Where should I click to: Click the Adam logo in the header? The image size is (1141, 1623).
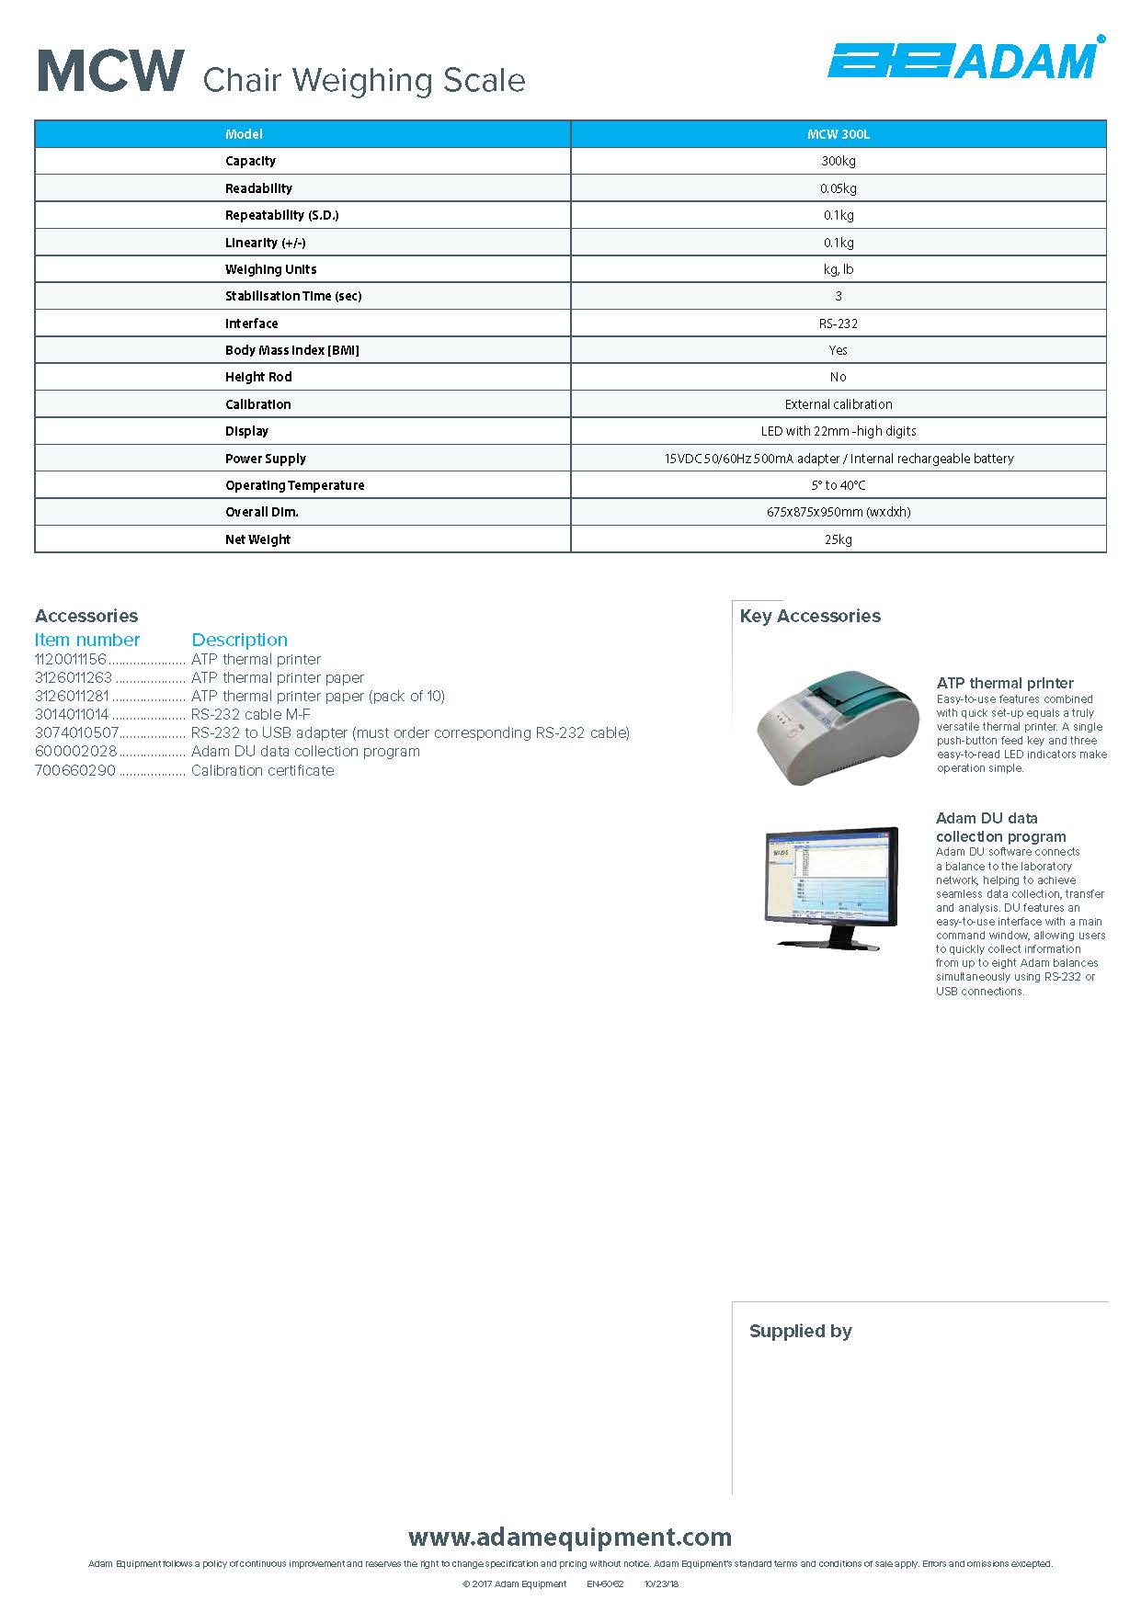click(964, 60)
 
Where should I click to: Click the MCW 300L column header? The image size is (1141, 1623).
click(838, 134)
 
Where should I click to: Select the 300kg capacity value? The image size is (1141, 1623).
click(838, 161)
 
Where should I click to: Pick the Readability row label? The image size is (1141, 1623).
click(258, 188)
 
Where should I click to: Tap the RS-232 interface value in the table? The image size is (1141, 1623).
click(838, 323)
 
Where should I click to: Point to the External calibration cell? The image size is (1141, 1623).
click(838, 404)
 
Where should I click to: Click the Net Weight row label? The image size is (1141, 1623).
click(257, 539)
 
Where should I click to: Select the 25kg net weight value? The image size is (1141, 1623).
click(838, 539)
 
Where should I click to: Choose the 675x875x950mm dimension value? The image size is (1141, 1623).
click(838, 512)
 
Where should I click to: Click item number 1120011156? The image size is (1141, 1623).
click(71, 660)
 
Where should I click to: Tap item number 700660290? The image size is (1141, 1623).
click(75, 771)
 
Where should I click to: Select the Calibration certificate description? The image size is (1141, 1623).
click(262, 771)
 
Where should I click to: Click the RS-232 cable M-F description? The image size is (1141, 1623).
click(250, 715)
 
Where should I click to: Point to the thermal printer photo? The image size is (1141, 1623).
click(837, 726)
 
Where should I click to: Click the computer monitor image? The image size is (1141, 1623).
click(831, 886)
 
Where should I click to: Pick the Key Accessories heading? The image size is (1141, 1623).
click(810, 616)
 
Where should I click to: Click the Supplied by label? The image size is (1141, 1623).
click(800, 1331)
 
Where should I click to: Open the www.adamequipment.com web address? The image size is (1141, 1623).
click(570, 1537)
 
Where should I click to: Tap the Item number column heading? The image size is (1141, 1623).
click(87, 640)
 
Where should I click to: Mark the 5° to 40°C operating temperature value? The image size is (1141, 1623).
click(838, 485)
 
